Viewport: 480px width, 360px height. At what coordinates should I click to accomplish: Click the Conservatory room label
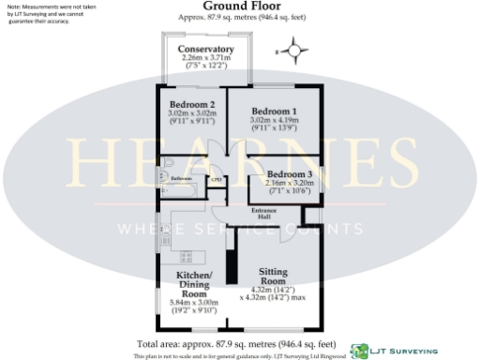(207, 49)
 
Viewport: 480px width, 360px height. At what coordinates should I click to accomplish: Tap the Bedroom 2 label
(192, 104)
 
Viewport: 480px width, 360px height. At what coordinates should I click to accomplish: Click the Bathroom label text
(182, 176)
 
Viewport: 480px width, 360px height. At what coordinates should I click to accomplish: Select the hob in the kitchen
(184, 256)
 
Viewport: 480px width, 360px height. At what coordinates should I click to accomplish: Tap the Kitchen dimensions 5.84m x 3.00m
(194, 303)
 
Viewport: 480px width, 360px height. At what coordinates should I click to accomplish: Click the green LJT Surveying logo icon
(356, 349)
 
